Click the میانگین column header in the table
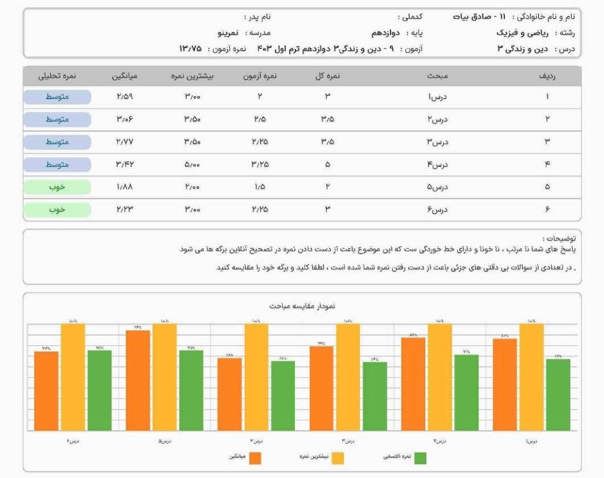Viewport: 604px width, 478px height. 125,76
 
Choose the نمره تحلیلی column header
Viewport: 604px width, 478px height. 57,76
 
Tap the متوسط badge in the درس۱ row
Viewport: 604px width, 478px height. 57,97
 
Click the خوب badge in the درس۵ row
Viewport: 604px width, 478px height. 57,187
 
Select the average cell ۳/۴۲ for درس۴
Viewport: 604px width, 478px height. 125,165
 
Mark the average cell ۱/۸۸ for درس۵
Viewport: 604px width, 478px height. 125,187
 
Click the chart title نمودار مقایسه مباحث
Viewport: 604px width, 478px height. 302,306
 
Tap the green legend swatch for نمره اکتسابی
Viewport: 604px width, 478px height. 420,457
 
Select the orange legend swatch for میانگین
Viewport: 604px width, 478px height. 255,457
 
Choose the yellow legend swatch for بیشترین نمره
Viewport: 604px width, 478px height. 337,457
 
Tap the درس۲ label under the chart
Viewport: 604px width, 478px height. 439,440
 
